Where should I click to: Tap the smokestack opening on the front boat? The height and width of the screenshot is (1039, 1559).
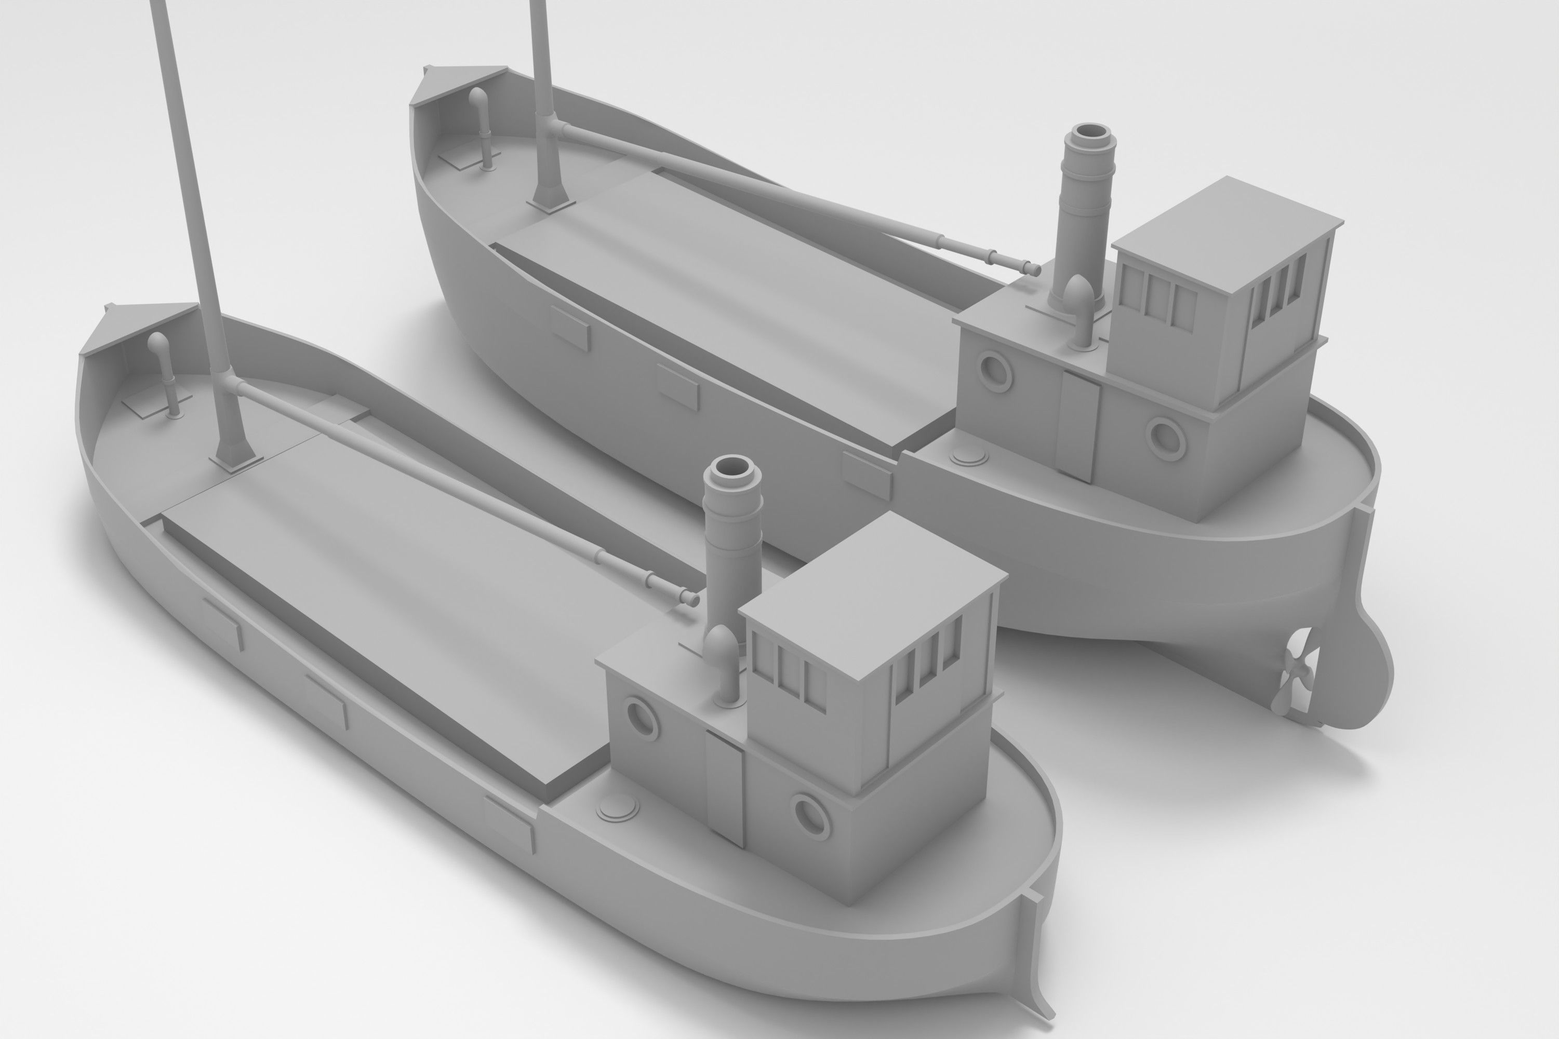point(734,468)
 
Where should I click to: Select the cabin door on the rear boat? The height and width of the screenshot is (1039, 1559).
point(1078,425)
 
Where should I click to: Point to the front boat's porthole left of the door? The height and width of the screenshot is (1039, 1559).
point(641,718)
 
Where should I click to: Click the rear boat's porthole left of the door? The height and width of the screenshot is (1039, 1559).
point(995,372)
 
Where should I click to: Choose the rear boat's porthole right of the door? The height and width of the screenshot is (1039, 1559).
point(1166,437)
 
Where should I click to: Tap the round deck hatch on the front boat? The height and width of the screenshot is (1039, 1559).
point(617,808)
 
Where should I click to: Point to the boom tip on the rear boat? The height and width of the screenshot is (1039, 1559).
point(1033,268)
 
